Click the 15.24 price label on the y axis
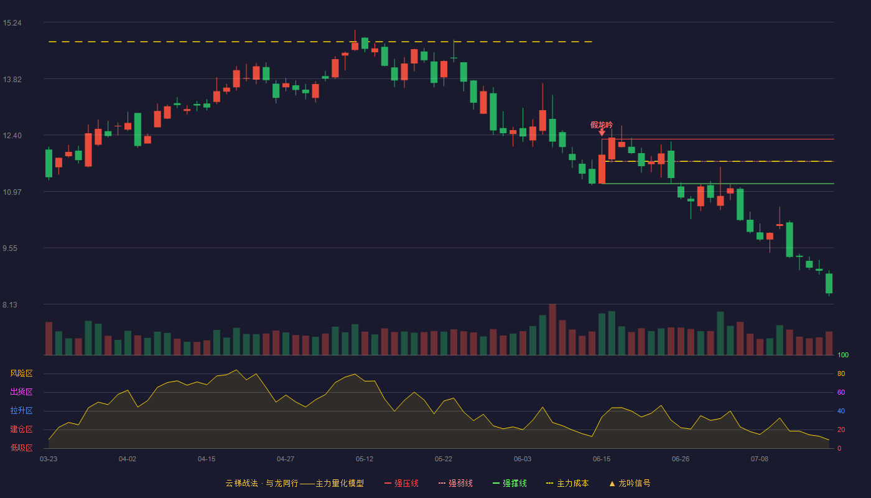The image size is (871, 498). point(12,23)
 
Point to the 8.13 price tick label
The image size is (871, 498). point(10,304)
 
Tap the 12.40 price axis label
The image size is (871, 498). point(12,136)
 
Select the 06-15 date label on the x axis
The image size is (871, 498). point(602,459)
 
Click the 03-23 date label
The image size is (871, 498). point(49,459)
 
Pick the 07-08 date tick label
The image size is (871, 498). point(760,459)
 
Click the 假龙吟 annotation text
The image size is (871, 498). point(602,125)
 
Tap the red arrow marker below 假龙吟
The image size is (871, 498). point(602,133)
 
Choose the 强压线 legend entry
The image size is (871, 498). point(402,483)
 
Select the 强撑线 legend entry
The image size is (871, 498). point(510,483)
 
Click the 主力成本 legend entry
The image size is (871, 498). point(567,483)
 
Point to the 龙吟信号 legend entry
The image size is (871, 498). point(630,483)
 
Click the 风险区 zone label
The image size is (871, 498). point(21,374)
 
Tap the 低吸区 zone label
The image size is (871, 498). point(21,448)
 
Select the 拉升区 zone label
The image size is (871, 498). point(21,411)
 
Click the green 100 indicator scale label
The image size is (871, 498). point(843,355)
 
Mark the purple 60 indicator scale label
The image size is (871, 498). point(841,392)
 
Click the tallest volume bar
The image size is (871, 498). point(552,329)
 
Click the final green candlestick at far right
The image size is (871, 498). point(829,283)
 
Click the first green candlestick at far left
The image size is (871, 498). point(49,163)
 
